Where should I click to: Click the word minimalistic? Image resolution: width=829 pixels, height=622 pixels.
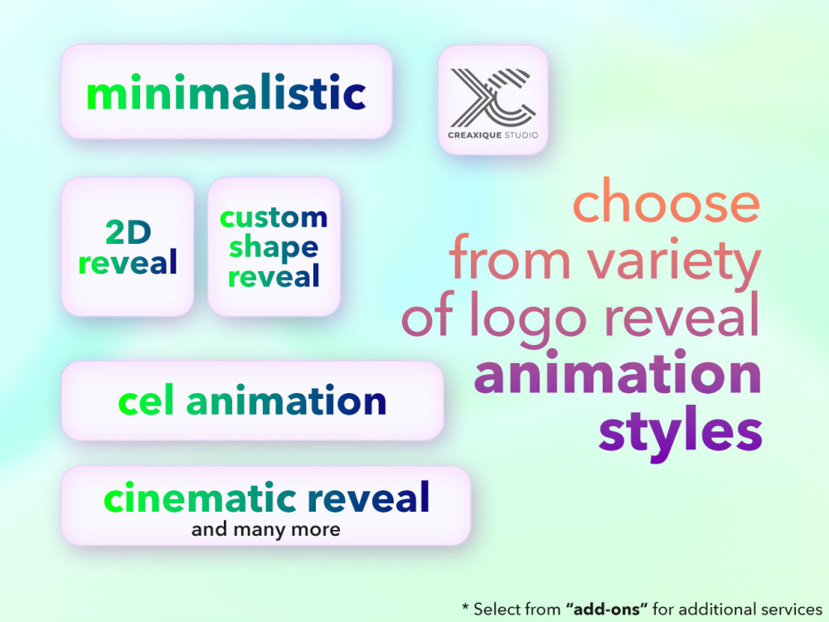tap(225, 94)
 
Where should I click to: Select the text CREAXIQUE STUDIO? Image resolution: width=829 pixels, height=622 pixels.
tap(493, 134)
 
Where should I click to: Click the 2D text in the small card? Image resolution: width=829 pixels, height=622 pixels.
tap(127, 234)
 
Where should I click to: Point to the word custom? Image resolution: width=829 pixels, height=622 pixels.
tap(274, 218)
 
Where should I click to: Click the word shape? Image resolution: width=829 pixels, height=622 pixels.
tap(274, 247)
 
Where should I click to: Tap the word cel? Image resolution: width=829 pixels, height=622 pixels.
tap(148, 401)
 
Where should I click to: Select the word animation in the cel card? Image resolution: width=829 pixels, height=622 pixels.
tap(286, 401)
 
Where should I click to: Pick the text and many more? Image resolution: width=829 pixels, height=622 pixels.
tap(266, 529)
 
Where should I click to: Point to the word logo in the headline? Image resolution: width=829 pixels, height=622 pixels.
tap(548, 318)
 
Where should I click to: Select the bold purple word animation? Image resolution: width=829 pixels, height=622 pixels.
tap(618, 374)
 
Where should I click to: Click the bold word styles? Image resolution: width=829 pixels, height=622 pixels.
tap(680, 431)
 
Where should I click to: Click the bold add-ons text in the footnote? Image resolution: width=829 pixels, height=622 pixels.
tap(607, 609)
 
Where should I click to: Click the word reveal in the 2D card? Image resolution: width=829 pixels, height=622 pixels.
tap(128, 263)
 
